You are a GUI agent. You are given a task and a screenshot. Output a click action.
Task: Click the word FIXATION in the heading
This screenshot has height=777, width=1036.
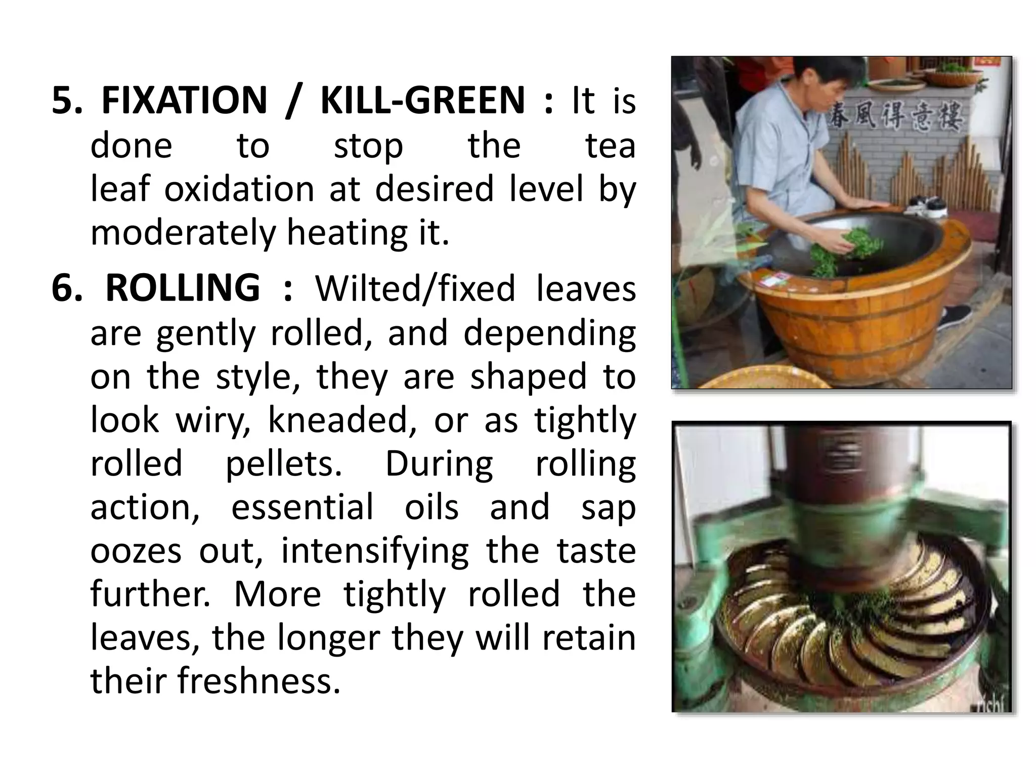(184, 100)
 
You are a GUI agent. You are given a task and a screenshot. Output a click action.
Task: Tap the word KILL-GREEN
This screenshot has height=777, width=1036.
(423, 100)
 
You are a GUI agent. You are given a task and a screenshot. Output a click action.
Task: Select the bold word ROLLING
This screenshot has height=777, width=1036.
(183, 288)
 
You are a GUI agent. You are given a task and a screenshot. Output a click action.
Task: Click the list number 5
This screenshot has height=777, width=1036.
(66, 100)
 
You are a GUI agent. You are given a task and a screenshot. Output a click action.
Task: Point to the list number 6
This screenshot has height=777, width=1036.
(66, 288)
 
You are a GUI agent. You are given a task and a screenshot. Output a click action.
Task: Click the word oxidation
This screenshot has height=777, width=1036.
(239, 189)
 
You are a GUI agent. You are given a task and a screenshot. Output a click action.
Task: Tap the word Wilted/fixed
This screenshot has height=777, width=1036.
(415, 288)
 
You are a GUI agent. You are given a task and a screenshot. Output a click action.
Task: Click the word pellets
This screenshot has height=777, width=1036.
(283, 463)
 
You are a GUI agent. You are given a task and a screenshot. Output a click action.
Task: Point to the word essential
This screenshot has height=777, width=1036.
(302, 507)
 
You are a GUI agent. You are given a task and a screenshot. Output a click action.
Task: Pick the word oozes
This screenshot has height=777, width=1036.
(136, 550)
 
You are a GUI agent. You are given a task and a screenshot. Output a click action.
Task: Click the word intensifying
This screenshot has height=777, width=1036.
(375, 550)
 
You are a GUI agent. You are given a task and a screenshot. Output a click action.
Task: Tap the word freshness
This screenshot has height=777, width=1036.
(258, 680)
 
